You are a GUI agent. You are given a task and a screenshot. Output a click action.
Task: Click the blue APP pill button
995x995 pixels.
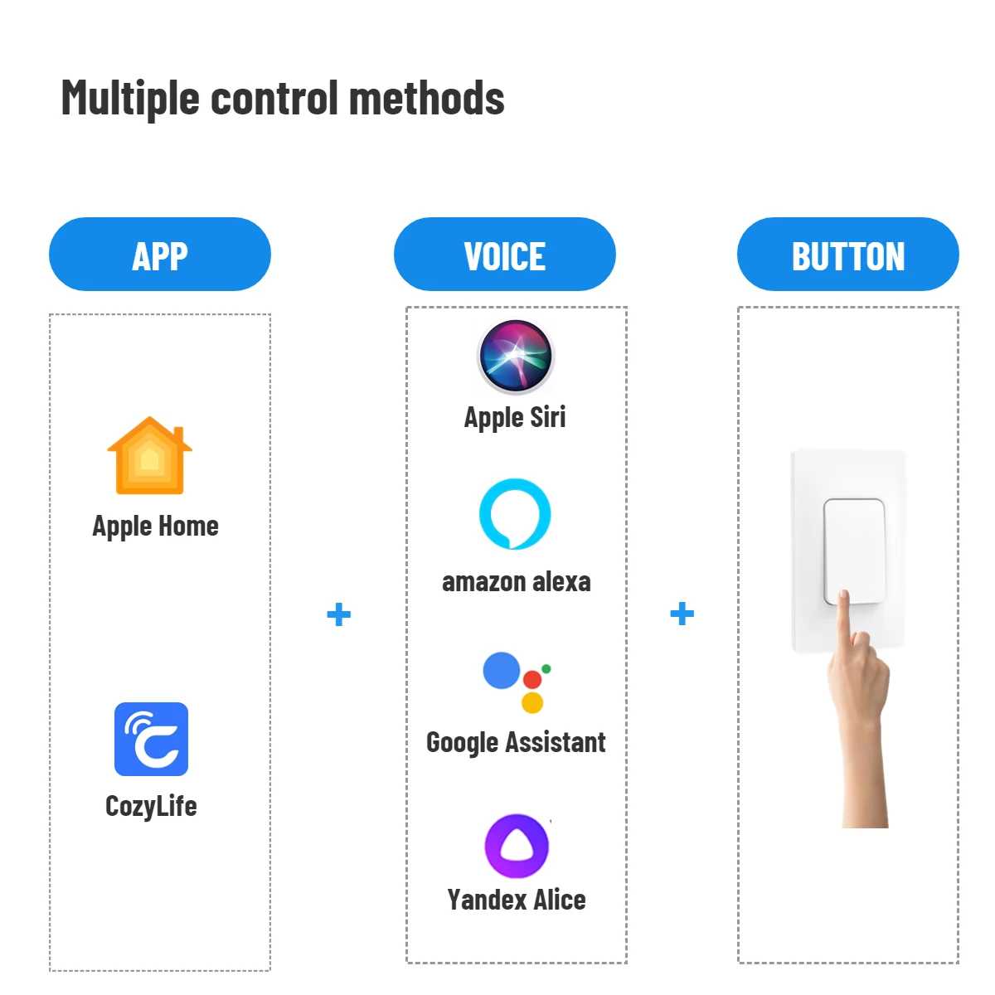tap(160, 255)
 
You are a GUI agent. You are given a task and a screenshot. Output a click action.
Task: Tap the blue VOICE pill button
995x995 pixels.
tap(504, 255)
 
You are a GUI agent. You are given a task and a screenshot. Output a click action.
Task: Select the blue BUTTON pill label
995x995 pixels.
tap(847, 255)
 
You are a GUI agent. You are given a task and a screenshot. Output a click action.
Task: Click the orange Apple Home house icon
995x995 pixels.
tap(150, 457)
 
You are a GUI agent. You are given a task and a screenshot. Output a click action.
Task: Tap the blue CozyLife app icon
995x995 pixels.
tap(151, 740)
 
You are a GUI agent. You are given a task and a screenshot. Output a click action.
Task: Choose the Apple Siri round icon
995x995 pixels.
tap(516, 357)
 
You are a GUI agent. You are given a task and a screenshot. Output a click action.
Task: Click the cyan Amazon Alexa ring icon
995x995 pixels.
tap(515, 514)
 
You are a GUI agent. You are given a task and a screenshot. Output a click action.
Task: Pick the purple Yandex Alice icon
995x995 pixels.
tap(517, 846)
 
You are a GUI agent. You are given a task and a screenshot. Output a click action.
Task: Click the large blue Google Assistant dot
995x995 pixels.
tap(502, 670)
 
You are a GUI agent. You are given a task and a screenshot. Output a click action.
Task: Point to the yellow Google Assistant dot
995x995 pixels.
tap(532, 703)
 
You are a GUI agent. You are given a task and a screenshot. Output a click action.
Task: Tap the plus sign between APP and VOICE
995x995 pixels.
tap(339, 614)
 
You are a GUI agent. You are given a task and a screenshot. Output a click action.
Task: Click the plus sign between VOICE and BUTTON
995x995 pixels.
tap(682, 614)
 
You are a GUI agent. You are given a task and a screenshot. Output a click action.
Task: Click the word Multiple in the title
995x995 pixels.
tap(131, 99)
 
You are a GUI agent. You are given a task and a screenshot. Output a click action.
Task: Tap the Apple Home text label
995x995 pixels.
tap(156, 527)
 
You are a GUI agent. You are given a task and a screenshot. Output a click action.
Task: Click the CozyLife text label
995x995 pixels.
tap(151, 806)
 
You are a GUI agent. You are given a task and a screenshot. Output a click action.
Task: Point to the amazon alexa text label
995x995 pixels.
tap(516, 582)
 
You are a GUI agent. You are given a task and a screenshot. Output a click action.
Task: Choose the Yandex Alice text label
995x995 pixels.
tap(516, 900)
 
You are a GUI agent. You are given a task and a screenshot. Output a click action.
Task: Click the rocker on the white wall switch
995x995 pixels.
tap(854, 547)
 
